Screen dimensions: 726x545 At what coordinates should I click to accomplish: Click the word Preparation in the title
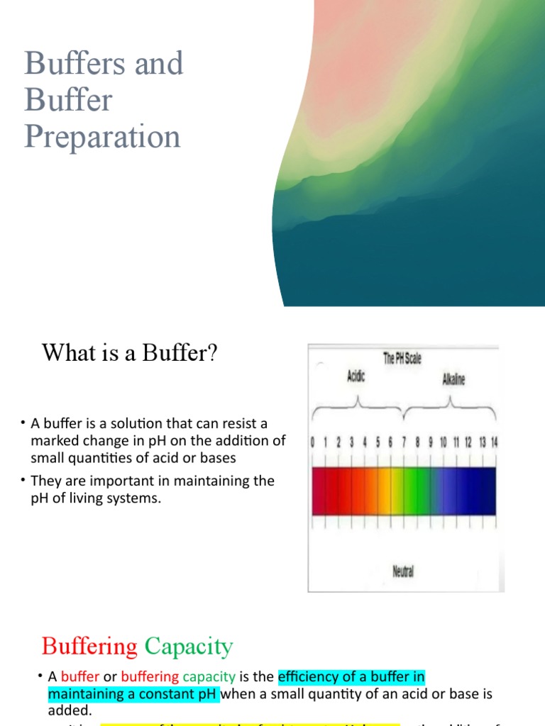102,135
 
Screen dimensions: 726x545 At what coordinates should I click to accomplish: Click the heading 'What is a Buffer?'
129,352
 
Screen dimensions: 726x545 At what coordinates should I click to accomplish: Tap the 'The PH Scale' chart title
402,359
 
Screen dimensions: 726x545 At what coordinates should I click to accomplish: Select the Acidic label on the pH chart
356,377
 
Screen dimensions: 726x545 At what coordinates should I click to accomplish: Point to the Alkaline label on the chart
453,380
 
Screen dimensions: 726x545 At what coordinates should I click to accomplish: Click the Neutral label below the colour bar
403,571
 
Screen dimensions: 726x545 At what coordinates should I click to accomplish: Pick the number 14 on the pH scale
494,442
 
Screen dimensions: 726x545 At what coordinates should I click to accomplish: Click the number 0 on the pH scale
313,442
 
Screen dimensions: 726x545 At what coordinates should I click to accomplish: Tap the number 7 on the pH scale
404,442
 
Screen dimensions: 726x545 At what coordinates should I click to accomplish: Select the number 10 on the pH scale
443,442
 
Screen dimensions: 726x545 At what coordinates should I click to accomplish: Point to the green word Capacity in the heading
188,647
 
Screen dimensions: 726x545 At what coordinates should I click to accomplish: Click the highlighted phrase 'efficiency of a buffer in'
351,676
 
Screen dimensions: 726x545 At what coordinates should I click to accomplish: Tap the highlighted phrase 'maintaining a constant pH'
133,693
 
